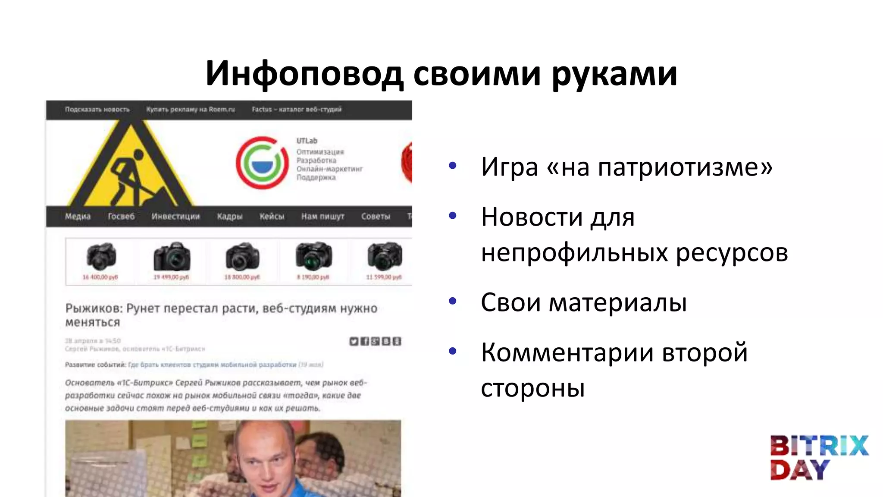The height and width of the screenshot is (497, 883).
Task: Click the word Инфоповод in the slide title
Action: [304, 73]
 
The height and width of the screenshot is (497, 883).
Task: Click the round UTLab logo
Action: [262, 163]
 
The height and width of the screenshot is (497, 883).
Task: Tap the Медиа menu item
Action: [78, 216]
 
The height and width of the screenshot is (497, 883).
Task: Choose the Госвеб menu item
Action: [121, 216]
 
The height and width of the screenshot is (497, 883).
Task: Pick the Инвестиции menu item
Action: [175, 216]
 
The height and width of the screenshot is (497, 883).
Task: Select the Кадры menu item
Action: [229, 216]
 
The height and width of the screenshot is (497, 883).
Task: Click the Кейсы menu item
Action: [272, 216]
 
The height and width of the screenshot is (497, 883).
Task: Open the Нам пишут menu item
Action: [323, 216]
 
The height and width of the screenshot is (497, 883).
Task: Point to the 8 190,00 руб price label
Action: [313, 277]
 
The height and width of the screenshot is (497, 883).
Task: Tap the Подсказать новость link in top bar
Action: [97, 110]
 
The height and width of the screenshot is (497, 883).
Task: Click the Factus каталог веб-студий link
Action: [297, 110]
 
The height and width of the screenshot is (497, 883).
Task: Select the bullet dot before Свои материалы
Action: [452, 301]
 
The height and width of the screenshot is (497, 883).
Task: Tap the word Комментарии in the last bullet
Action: [567, 352]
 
